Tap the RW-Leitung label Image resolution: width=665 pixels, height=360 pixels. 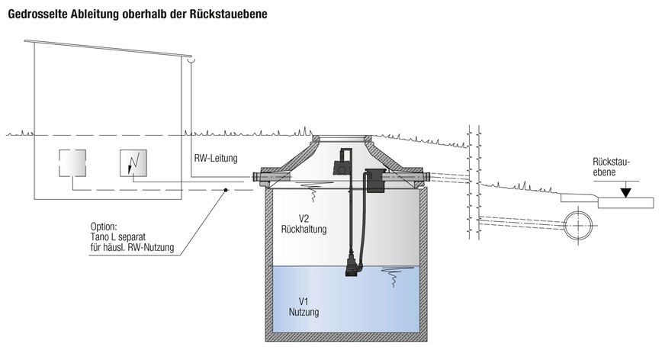pos(217,159)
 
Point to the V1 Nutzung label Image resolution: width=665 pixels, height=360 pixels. pos(304,307)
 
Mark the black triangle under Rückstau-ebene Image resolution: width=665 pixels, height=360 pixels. pos(625,192)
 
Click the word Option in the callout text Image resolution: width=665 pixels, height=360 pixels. pos(103,227)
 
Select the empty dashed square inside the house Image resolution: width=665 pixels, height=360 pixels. pos(72,162)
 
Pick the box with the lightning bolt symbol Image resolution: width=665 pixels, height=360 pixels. pos(133,162)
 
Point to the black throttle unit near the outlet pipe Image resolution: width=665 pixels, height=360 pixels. pos(374,180)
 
